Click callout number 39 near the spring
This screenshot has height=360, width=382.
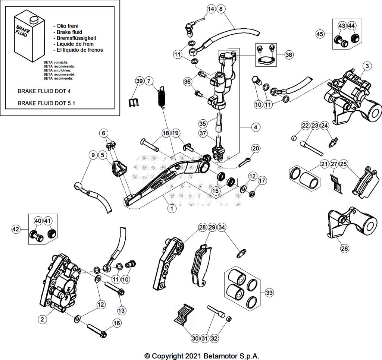pyautogui.click(x=139, y=81)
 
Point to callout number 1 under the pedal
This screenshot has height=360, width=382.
pyautogui.click(x=171, y=209)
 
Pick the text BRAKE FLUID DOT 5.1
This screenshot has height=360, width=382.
pyautogui.click(x=47, y=103)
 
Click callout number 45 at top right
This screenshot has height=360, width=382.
pyautogui.click(x=320, y=34)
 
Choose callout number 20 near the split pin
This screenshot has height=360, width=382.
pyautogui.click(x=256, y=148)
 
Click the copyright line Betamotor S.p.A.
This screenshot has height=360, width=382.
pyautogui.click(x=201, y=356)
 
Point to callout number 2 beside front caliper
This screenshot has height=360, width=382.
pyautogui.click(x=42, y=319)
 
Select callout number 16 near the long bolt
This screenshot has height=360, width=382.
pyautogui.click(x=116, y=323)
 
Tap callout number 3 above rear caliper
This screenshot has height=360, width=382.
pyautogui.click(x=367, y=66)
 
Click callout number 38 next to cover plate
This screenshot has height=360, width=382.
pyautogui.click(x=288, y=54)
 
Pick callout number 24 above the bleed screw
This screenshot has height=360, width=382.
pyautogui.click(x=324, y=126)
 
